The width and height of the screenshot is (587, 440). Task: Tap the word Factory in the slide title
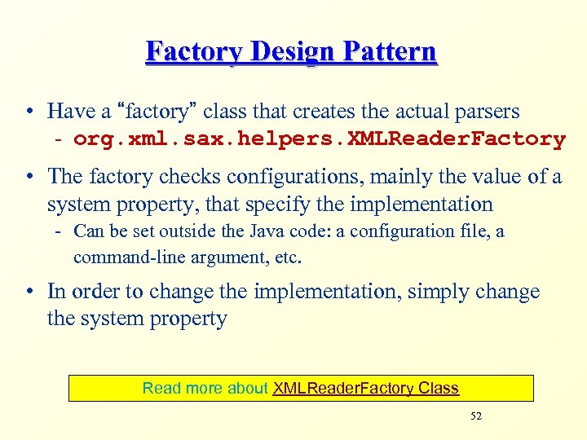point(192,52)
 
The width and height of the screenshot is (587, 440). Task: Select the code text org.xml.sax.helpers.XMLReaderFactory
point(319,139)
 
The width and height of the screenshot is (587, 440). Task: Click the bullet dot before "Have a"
point(29,112)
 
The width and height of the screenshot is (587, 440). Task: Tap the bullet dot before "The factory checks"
point(29,177)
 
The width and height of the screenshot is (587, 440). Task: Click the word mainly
point(397,176)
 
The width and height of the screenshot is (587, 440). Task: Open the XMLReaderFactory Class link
point(366,389)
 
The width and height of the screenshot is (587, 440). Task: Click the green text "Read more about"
point(205,389)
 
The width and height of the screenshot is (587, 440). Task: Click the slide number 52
point(476,416)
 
